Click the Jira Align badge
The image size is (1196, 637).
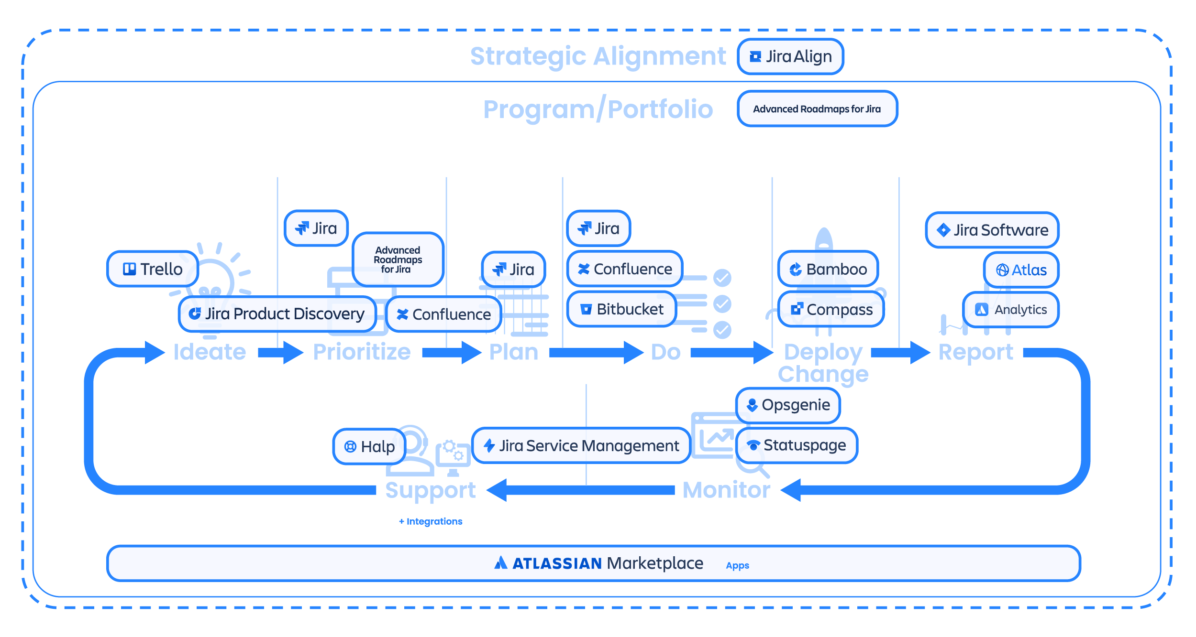790,57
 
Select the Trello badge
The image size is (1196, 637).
153,269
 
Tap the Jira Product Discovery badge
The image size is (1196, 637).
277,314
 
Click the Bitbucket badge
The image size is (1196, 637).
621,309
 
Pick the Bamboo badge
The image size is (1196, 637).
828,269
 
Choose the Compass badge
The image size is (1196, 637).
831,310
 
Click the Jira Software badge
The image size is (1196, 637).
992,230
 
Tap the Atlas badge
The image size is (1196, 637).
1021,270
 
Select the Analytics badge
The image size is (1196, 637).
1010,310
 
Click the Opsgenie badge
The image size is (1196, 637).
788,405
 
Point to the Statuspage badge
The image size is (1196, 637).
796,445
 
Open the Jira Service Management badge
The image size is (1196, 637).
581,446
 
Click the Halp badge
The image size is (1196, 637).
369,447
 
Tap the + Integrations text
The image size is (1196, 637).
431,521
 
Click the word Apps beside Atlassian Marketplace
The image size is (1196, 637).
737,565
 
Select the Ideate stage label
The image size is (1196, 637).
210,352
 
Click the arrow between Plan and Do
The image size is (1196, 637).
595,353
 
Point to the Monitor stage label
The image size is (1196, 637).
726,490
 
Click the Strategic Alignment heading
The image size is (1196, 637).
598,56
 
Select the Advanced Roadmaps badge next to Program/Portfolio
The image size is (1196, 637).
817,109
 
